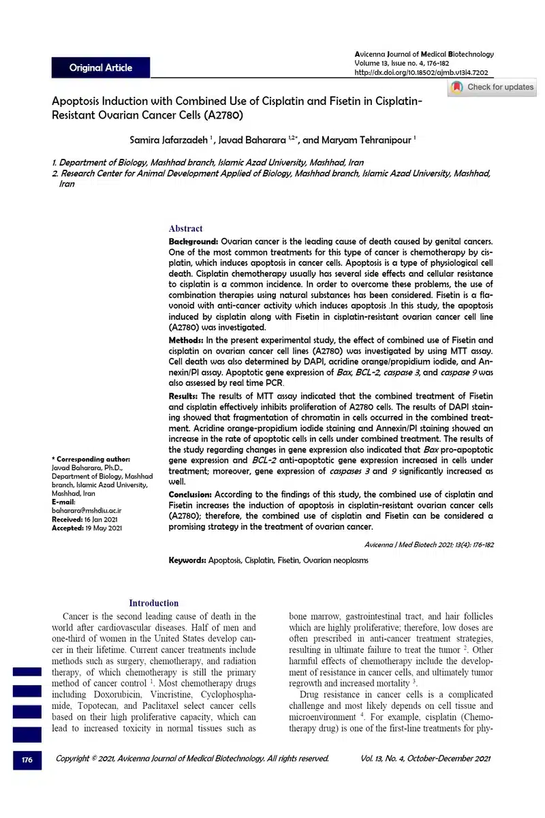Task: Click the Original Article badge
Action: [101, 67]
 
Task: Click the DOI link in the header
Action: [422, 72]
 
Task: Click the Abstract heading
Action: [185, 229]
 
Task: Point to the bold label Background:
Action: [193, 242]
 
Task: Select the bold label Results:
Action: [185, 396]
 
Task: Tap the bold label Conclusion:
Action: [191, 494]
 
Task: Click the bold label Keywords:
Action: [187, 560]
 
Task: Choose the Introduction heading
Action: [154, 603]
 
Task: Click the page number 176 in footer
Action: [27, 759]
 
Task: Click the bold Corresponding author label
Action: [91, 459]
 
